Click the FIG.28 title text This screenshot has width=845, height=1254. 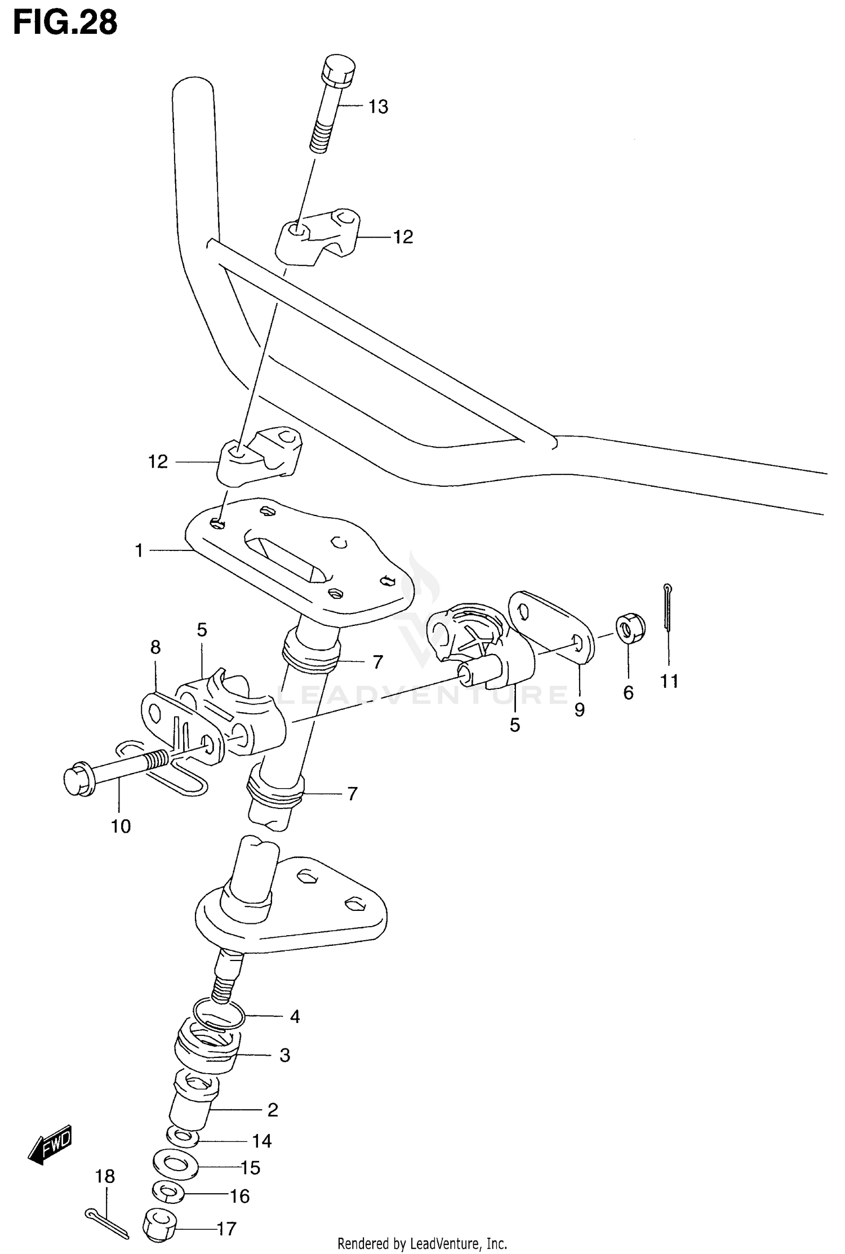pyautogui.click(x=65, y=23)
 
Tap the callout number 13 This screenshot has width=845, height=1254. pyautogui.click(x=379, y=107)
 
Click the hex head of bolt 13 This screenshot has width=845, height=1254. pyautogui.click(x=338, y=70)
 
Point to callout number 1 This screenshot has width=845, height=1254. pyautogui.click(x=139, y=550)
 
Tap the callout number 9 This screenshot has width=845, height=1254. pyautogui.click(x=580, y=710)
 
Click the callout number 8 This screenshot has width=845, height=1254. pyautogui.click(x=155, y=647)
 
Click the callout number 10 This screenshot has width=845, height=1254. pyautogui.click(x=121, y=826)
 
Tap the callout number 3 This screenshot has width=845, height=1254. pyautogui.click(x=284, y=1055)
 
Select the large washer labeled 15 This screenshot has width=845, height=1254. pyautogui.click(x=175, y=1164)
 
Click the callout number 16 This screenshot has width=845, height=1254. pyautogui.click(x=240, y=1196)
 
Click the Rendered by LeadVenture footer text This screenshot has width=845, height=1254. pyautogui.click(x=422, y=1243)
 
